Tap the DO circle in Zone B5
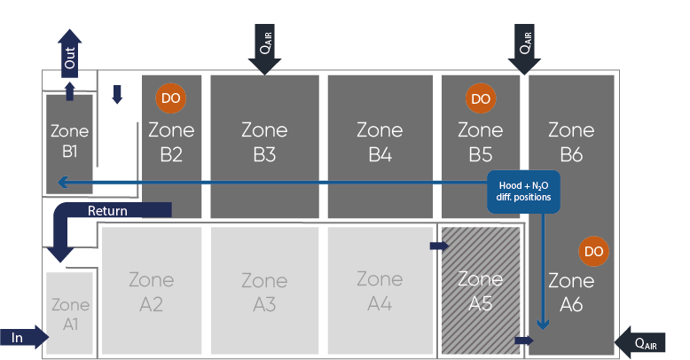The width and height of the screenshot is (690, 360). [x=480, y=99]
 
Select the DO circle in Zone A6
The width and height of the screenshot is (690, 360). [x=593, y=252]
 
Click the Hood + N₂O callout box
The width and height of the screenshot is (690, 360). [x=523, y=192]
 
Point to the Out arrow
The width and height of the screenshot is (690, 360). [x=70, y=51]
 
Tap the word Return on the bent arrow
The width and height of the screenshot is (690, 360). [x=107, y=211]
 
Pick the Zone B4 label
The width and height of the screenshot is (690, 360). [x=380, y=142]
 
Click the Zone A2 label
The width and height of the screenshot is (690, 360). [x=152, y=292]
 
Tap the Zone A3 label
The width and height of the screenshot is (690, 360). [x=264, y=292]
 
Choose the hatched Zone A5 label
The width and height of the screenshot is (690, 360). [x=480, y=291]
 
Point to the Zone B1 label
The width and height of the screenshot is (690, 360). [x=70, y=141]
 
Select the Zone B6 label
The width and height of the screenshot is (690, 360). [x=571, y=142]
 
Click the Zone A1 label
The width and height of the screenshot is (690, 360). [x=70, y=315]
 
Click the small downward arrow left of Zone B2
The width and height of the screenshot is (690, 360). [x=117, y=95]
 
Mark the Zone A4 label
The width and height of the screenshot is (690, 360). [x=380, y=291]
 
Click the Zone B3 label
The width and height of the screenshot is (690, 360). [x=264, y=142]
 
